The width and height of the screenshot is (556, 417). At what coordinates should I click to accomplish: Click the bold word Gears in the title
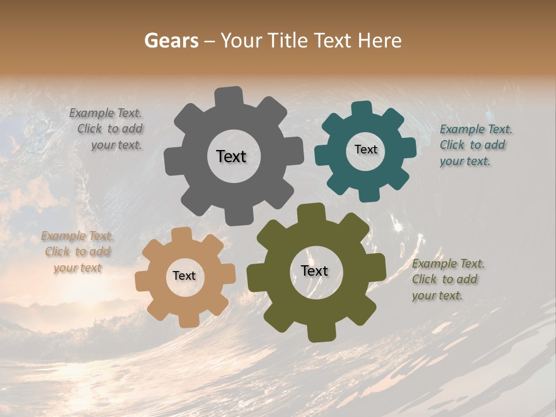pyautogui.click(x=171, y=41)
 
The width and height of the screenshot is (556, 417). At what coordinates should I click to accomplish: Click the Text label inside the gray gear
pyautogui.click(x=231, y=156)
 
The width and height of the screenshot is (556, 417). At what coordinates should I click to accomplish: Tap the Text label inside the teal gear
pyautogui.click(x=365, y=149)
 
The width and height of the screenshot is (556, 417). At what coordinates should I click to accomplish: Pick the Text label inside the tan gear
pyautogui.click(x=184, y=276)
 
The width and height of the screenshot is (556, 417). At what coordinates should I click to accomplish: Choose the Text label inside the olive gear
pyautogui.click(x=314, y=270)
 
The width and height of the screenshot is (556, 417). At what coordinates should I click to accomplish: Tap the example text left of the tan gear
pyautogui.click(x=77, y=252)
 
